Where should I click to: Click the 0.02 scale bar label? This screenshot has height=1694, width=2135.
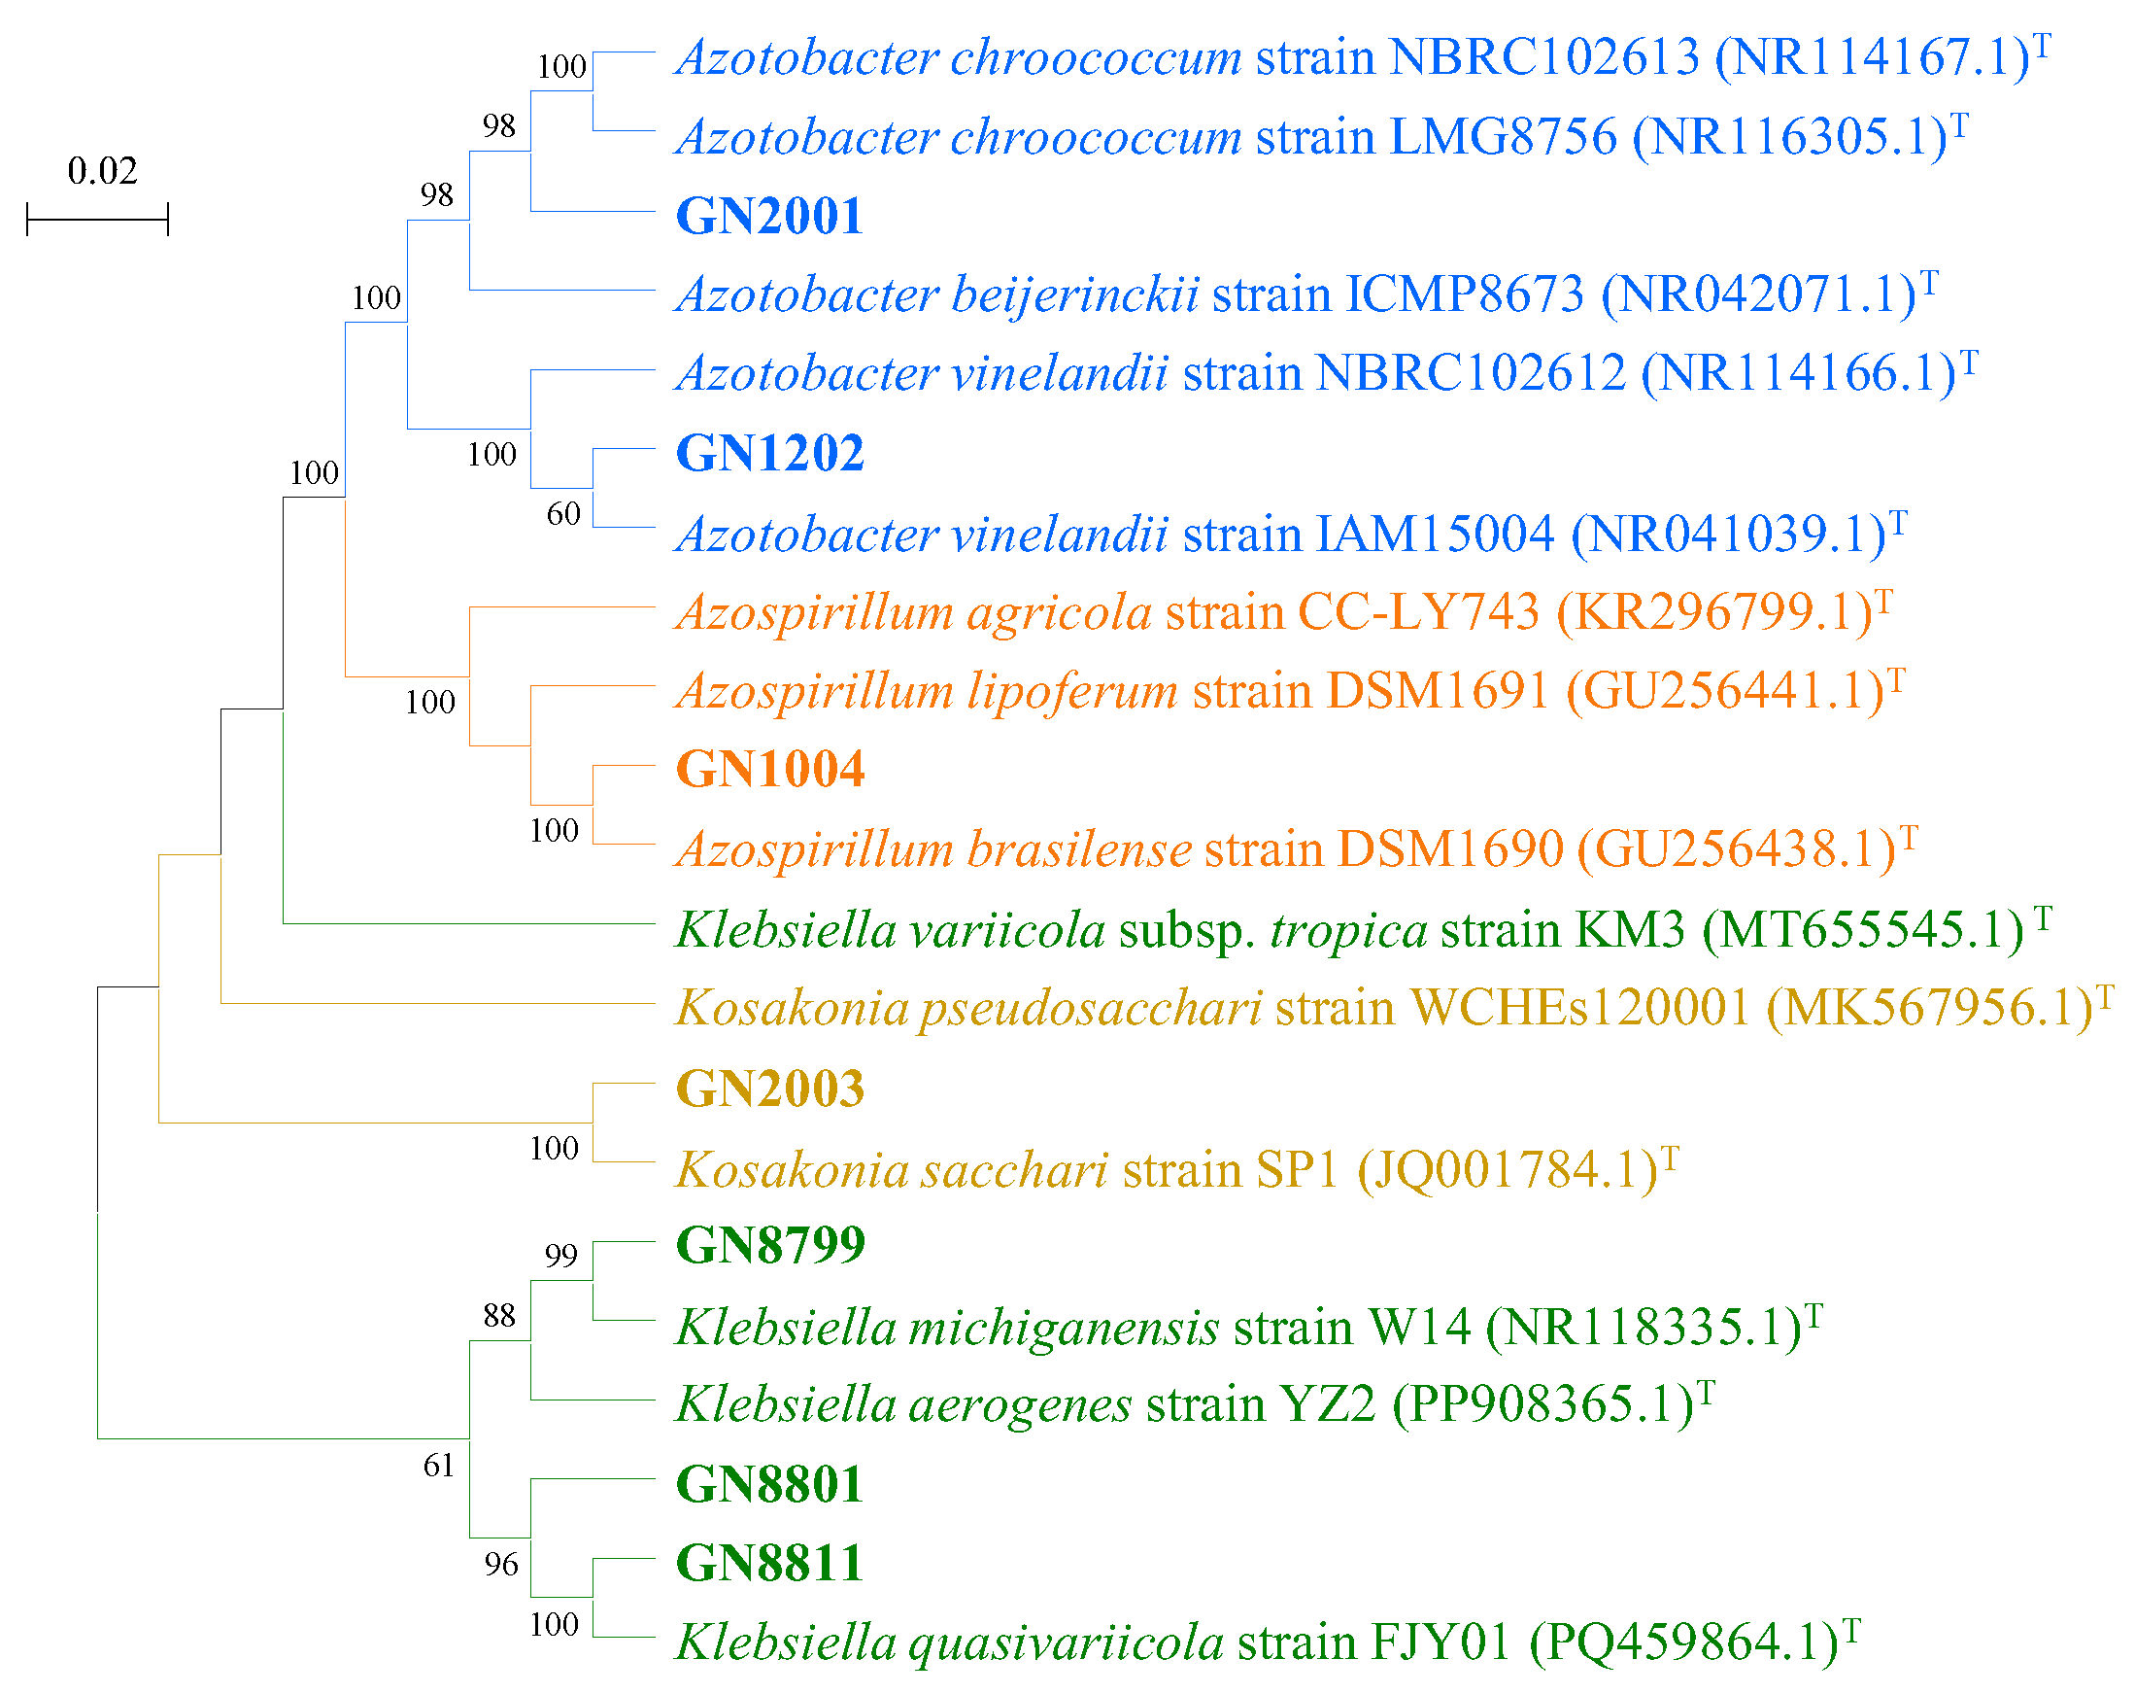102,171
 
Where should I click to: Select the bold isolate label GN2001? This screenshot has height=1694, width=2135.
768,216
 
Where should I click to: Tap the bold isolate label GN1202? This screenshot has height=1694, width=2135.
768,453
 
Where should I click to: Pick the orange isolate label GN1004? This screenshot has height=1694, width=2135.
769,769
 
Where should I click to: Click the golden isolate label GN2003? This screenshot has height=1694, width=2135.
769,1088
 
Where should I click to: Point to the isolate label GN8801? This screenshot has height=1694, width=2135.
768,1483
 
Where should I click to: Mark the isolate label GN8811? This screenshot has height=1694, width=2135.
768,1562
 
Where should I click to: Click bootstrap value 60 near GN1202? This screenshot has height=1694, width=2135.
563,513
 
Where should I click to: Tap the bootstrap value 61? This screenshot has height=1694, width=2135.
438,1465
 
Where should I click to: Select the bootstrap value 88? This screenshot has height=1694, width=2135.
499,1316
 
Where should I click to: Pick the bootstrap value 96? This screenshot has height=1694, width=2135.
501,1563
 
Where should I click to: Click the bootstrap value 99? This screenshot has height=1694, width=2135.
560,1255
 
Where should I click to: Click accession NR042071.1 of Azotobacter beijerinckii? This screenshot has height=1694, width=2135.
1759,294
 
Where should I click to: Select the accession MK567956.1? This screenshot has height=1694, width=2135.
1929,1008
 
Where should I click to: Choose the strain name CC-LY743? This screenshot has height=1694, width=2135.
1418,611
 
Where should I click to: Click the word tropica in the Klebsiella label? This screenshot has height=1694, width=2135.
1348,929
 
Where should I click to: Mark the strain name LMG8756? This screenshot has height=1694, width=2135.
1503,137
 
